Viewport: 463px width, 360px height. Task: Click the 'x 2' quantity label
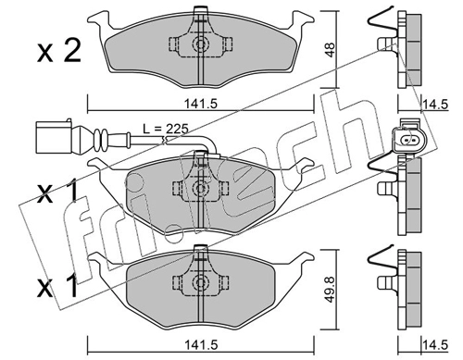[x=59, y=51]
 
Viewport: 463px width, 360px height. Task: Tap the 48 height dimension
[x=331, y=50]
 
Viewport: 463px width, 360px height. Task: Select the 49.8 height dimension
[x=331, y=289]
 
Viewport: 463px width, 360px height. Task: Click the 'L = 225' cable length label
[x=165, y=129]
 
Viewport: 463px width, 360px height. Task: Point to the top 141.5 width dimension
[x=201, y=104]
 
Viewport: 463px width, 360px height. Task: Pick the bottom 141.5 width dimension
[x=201, y=344]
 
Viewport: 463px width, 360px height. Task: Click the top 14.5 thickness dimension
[x=435, y=105]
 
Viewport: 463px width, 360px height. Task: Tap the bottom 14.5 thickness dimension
[x=435, y=344]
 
